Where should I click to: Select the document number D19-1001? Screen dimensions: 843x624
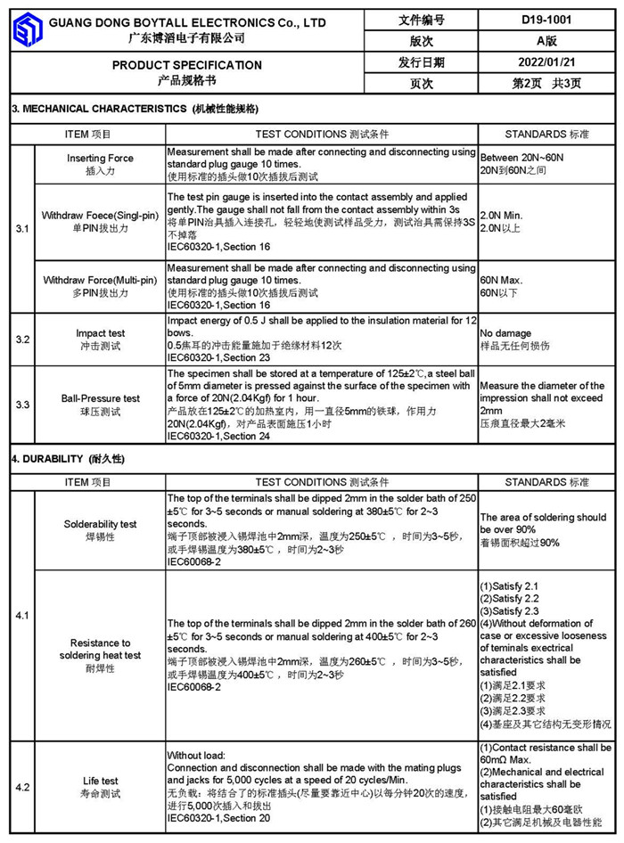tap(546, 20)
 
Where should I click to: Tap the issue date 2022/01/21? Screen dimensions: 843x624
tap(546, 62)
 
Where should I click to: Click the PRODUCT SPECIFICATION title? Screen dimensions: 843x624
tap(187, 65)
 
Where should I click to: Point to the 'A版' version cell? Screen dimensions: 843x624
tap(546, 41)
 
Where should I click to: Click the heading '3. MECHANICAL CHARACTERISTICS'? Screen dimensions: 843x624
tap(99, 109)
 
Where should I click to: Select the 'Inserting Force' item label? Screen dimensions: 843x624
tap(101, 159)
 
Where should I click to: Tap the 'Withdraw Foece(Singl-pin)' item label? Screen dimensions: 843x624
tap(101, 216)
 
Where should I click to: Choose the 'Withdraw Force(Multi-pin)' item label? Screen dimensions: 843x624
tap(101, 281)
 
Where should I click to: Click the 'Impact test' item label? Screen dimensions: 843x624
tap(101, 333)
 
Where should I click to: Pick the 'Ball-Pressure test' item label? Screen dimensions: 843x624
tap(101, 398)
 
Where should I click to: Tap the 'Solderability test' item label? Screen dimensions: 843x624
tap(101, 524)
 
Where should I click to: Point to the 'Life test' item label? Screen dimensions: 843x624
tap(101, 781)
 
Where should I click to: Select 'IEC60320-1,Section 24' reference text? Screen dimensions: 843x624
tap(218, 437)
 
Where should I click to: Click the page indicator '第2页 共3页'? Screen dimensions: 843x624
tap(546, 84)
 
